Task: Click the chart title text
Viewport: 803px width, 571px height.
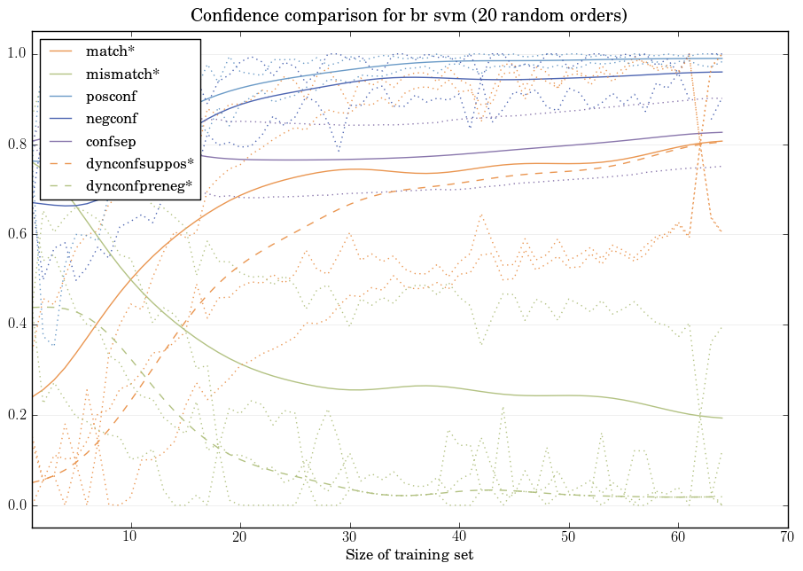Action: (x=409, y=16)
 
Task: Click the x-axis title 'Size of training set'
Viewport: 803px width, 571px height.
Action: (x=409, y=555)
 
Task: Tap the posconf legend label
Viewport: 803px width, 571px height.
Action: (x=111, y=97)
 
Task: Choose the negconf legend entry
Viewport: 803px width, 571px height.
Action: (x=112, y=119)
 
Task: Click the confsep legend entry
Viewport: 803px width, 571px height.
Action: (x=111, y=141)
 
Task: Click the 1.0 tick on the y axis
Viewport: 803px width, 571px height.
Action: (x=15, y=54)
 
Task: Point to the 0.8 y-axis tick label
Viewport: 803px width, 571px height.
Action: (x=15, y=145)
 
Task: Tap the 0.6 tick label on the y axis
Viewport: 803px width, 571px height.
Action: (x=15, y=235)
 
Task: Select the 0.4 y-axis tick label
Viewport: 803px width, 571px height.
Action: (x=15, y=325)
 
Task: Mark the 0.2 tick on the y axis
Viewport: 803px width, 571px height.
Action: (x=15, y=416)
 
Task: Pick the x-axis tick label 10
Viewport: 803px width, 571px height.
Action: (x=130, y=537)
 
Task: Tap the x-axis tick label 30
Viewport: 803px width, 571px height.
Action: (x=349, y=537)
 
